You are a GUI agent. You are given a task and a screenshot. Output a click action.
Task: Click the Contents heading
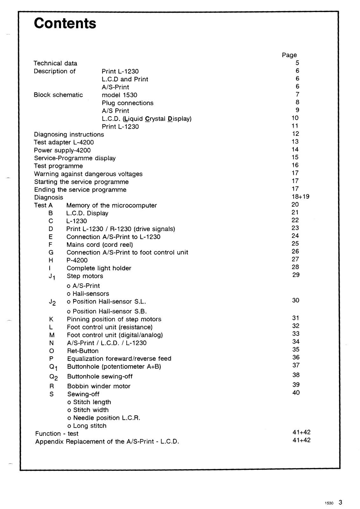[65, 23]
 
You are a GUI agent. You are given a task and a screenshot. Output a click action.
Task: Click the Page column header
[289, 55]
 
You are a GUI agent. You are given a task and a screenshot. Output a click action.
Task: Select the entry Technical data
[55, 63]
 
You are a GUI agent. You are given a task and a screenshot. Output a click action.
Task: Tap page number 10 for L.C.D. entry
[295, 118]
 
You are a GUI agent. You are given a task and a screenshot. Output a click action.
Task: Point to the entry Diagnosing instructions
[69, 135]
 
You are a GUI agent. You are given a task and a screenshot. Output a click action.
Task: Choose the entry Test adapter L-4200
[64, 142]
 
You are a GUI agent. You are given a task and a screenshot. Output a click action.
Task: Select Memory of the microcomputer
[111, 206]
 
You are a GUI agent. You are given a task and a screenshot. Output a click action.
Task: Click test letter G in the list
[51, 252]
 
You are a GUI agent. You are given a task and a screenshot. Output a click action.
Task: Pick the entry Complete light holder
[99, 268]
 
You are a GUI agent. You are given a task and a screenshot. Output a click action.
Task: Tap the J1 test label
[52, 277]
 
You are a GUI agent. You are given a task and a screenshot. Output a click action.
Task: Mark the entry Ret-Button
[83, 351]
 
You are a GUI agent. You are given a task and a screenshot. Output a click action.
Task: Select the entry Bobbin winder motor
[99, 386]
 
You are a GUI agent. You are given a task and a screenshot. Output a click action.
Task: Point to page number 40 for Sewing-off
[296, 393]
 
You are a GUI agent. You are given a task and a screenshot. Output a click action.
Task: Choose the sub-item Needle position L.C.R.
[104, 418]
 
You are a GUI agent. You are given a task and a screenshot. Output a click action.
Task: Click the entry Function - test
[57, 434]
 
